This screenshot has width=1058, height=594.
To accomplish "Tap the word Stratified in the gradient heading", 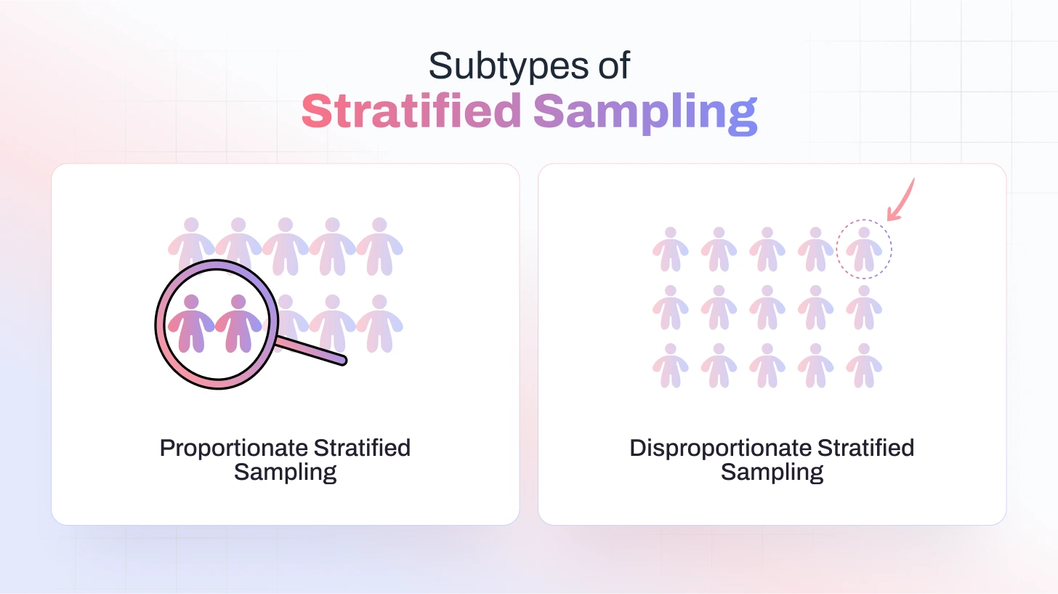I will [x=411, y=112].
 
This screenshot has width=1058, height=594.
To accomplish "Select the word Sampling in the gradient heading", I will [x=645, y=113].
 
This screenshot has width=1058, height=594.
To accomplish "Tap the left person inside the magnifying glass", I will [x=191, y=324].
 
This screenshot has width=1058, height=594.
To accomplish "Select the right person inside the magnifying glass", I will [x=238, y=324].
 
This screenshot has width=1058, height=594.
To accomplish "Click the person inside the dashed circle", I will [x=864, y=249].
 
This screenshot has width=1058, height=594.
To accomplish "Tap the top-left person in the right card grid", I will [x=670, y=249].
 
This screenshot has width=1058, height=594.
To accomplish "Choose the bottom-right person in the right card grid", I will [x=864, y=366].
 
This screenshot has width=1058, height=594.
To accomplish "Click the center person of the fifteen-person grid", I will [x=767, y=308].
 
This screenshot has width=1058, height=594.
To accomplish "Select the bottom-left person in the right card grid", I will [x=670, y=366].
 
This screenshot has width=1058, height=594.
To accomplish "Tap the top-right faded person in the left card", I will [x=379, y=246].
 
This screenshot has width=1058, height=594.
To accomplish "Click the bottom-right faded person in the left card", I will [x=379, y=324].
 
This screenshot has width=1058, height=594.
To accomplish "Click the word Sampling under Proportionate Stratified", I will [x=285, y=472].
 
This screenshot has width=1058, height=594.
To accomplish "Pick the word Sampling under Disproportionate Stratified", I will [x=772, y=472].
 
